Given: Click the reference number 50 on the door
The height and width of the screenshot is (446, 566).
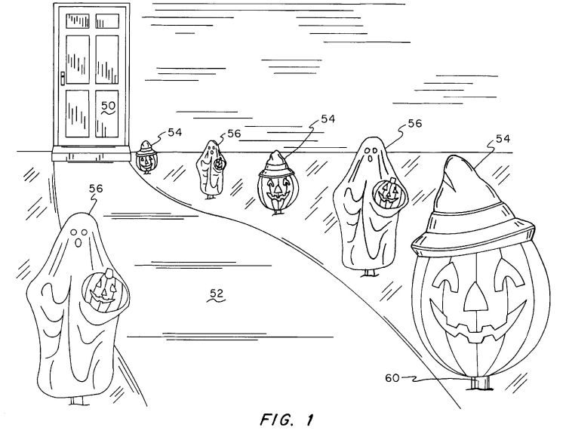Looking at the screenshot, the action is click(x=108, y=106).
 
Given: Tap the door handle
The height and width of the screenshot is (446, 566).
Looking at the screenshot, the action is click(x=63, y=78).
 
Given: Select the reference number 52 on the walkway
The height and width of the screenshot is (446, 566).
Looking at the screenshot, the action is click(x=217, y=294).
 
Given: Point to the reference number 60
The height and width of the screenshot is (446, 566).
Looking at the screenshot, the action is click(x=392, y=378).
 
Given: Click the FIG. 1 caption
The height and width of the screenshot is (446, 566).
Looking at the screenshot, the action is click(x=287, y=420).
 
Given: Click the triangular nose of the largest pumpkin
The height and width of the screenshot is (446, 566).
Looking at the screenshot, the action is click(x=475, y=297).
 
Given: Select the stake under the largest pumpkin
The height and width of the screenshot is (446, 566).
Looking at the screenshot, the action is click(x=480, y=383).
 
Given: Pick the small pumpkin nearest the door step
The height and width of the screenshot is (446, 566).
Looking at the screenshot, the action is click(x=146, y=158).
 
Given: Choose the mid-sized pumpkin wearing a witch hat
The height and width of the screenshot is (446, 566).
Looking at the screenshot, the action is click(x=277, y=183).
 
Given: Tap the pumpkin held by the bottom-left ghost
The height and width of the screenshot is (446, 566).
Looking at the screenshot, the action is click(x=105, y=291).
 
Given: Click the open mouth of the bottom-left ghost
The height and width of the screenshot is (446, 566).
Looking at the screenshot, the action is click(x=78, y=243).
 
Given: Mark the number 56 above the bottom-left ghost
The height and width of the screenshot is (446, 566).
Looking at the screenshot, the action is click(x=96, y=189).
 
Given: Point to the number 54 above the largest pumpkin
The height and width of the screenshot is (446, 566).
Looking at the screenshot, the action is click(x=503, y=139).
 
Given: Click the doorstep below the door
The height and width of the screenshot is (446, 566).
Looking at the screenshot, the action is click(x=91, y=154).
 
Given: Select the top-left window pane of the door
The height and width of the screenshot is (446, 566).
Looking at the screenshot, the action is click(x=78, y=21).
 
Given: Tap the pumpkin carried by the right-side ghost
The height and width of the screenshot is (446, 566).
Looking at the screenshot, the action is click(x=389, y=193).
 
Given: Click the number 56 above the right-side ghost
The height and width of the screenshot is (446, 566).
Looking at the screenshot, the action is click(x=415, y=124).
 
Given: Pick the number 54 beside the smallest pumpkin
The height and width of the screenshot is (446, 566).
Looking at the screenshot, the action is click(x=175, y=132).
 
